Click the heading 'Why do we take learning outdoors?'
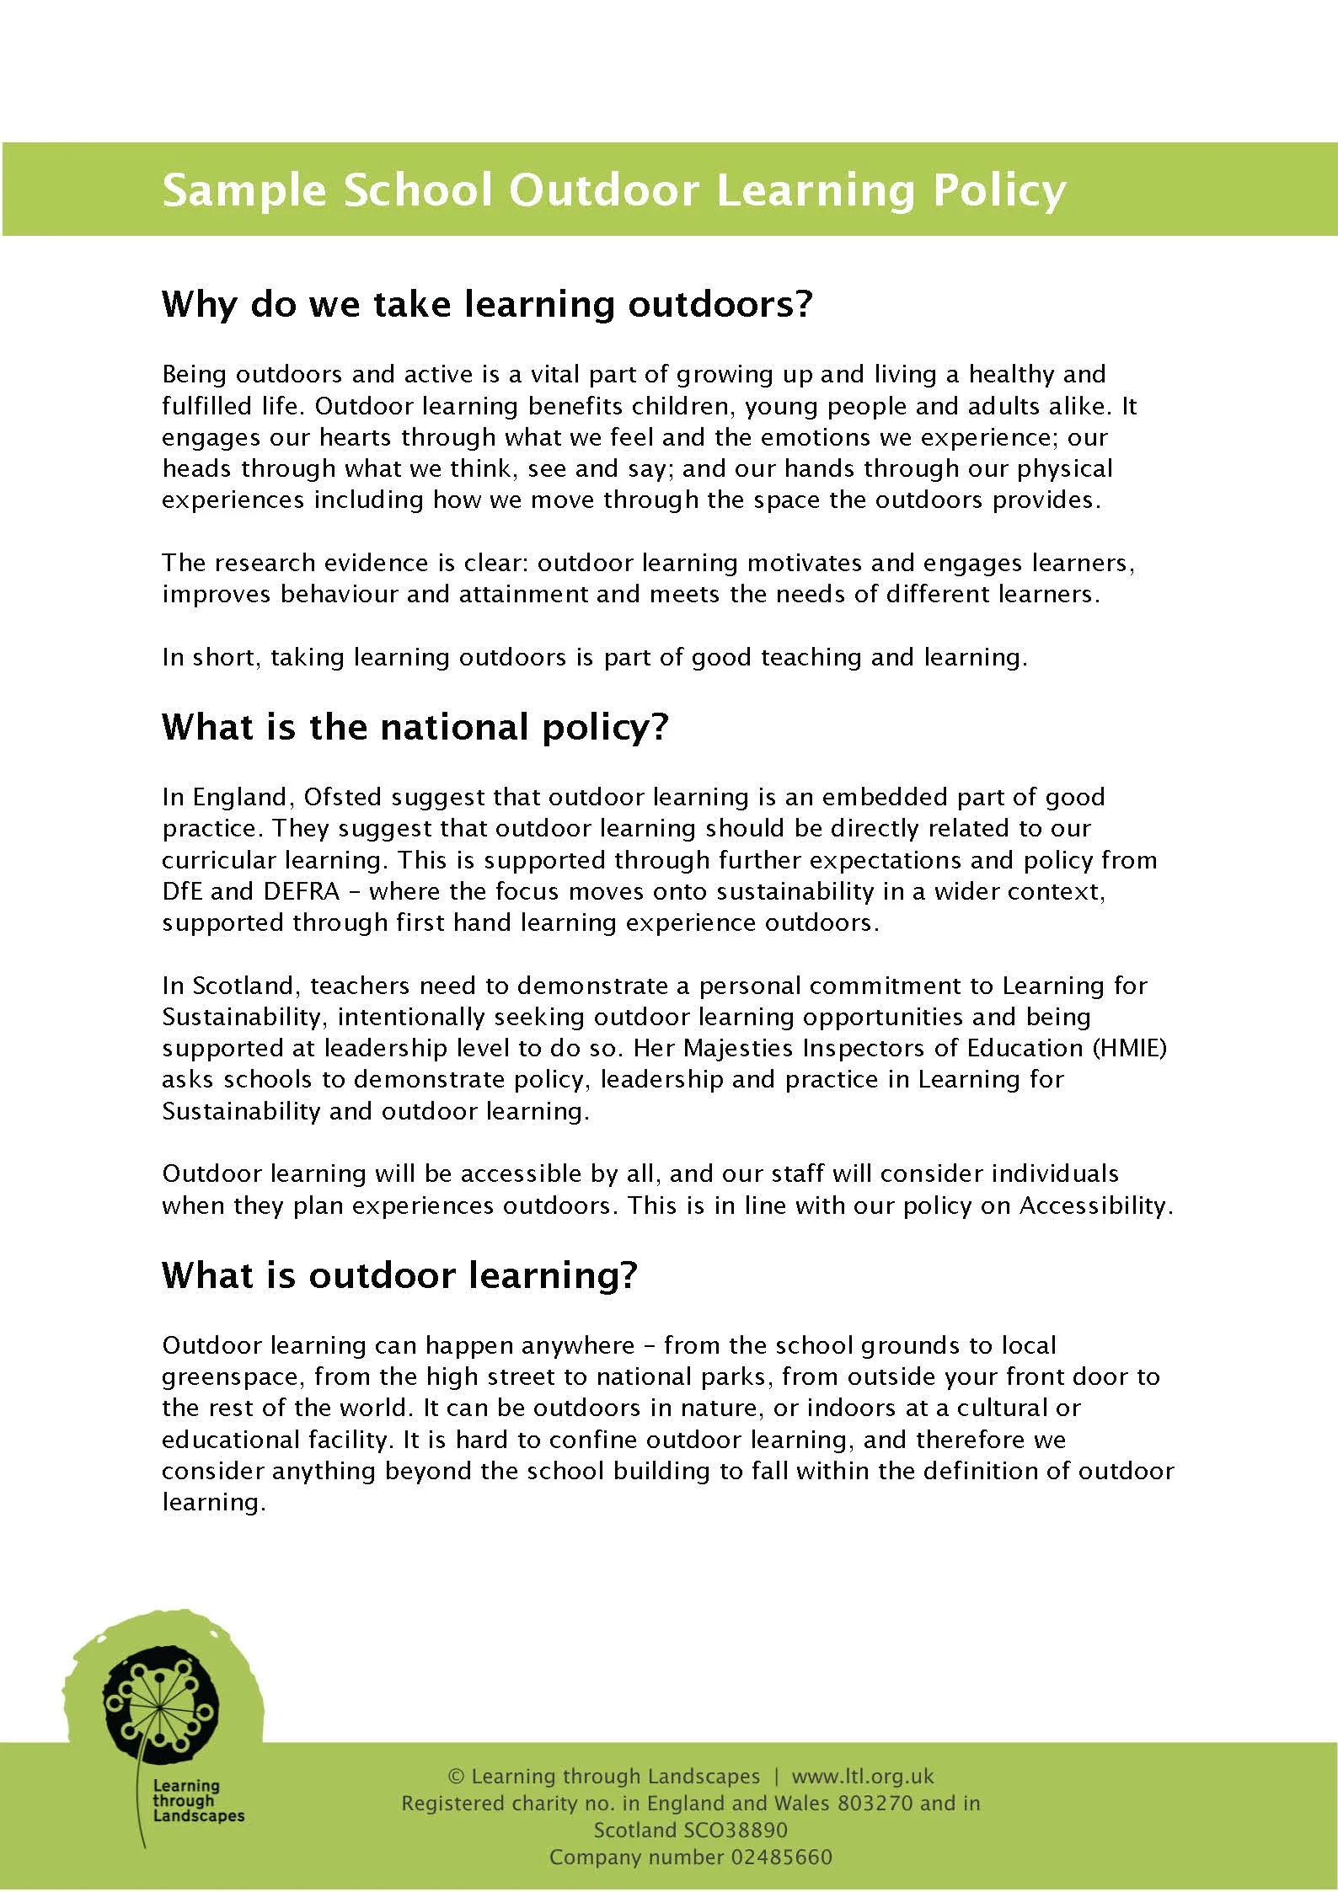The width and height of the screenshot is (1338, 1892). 487,304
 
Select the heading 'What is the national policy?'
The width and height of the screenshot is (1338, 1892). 415,726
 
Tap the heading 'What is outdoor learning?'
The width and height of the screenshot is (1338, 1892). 399,1275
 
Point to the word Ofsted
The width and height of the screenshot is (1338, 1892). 342,797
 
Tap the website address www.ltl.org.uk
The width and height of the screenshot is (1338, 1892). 863,1777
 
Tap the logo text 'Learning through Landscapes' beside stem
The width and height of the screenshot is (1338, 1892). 198,1801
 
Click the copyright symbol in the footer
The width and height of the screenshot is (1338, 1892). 456,1777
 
